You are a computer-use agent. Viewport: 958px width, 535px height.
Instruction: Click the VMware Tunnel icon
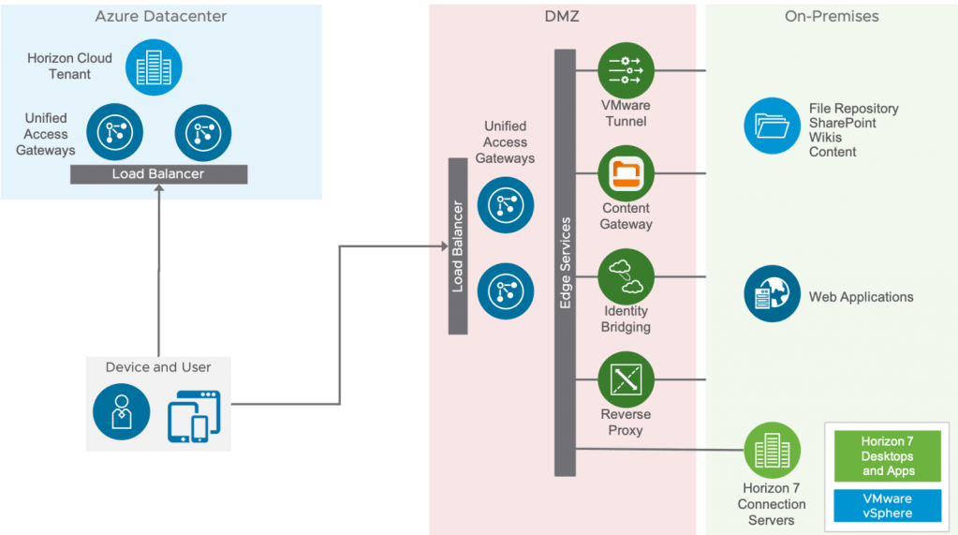click(x=626, y=70)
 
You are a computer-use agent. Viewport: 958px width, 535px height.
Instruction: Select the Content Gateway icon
click(x=626, y=173)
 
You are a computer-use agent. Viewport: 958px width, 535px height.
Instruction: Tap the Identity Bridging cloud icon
click(x=626, y=276)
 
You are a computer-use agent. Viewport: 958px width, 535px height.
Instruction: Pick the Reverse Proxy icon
click(x=626, y=379)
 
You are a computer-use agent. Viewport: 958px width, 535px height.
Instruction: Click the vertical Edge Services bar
click(x=565, y=262)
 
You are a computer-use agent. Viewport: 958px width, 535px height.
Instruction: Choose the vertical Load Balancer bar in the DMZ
click(x=458, y=246)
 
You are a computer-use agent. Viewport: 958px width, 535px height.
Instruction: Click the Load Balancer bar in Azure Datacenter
click(x=158, y=174)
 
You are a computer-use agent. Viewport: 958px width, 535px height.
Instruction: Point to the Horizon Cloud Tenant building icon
click(x=148, y=67)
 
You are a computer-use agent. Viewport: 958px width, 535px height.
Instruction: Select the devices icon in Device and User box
click(x=193, y=413)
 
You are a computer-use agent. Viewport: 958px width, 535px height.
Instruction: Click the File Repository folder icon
click(x=772, y=126)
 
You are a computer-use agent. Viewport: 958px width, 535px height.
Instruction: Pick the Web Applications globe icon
click(x=772, y=293)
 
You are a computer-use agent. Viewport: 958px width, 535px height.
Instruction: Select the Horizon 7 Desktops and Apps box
click(x=888, y=456)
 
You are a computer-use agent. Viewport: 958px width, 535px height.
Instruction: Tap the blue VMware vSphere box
click(x=888, y=506)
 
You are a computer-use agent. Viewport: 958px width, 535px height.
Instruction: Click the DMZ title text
click(x=563, y=16)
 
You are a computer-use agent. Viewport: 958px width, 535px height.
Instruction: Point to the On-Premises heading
click(x=831, y=16)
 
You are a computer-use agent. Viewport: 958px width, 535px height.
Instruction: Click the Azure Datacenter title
click(x=161, y=16)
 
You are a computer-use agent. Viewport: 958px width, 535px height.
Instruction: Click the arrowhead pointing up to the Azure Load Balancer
click(x=158, y=190)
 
